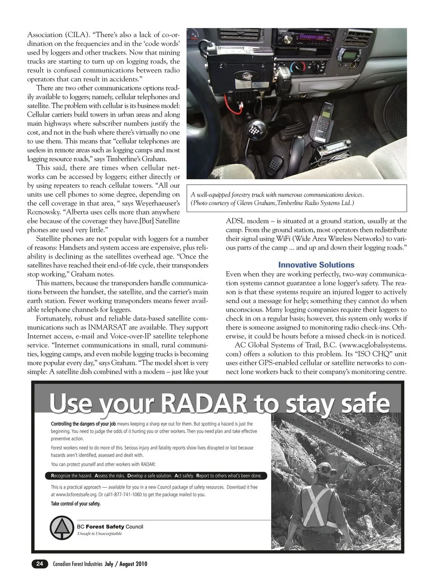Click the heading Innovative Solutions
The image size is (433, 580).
pyautogui.click(x=316, y=265)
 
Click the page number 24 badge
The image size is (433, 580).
pyautogui.click(x=40, y=563)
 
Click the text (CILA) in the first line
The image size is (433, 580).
pyautogui.click(x=73, y=35)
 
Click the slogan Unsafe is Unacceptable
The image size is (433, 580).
pyautogui.click(x=99, y=534)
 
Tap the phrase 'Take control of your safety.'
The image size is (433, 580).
pyautogui.click(x=76, y=503)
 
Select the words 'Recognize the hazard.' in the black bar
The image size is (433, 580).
pyautogui.click(x=72, y=476)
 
